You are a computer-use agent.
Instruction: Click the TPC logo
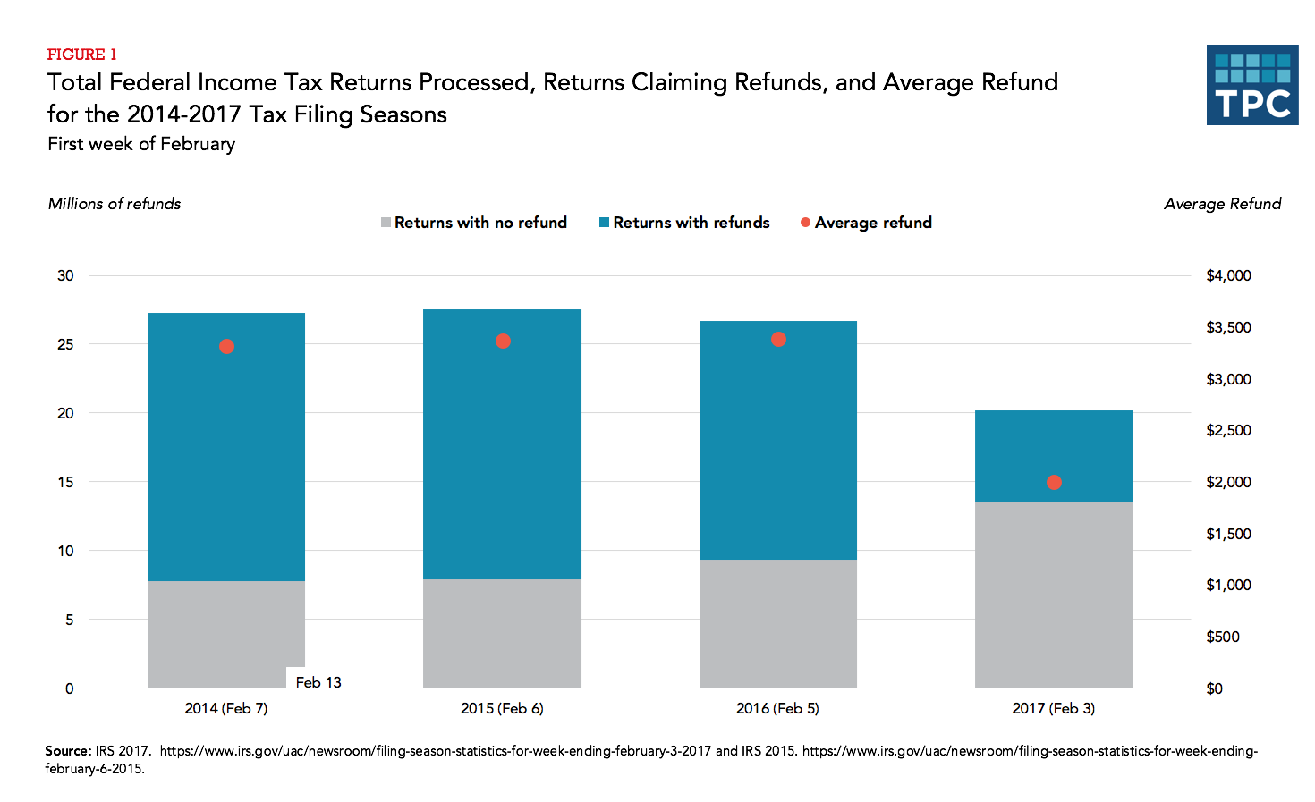[1251, 85]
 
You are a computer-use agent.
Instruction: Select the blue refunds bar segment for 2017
[1053, 456]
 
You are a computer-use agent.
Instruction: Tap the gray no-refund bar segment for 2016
[777, 623]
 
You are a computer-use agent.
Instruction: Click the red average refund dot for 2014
[226, 347]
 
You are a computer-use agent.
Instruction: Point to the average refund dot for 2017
[1054, 483]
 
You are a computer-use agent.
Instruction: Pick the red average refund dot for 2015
[503, 342]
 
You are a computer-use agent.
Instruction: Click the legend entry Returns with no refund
[474, 223]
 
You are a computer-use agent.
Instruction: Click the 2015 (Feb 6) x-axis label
[502, 708]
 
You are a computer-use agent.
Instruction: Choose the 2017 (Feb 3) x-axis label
[1053, 708]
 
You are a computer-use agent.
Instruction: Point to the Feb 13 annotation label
[318, 682]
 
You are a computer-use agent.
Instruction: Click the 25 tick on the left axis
[65, 344]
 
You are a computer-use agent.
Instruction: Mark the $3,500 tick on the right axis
[1228, 327]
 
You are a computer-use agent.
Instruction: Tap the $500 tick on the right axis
[1222, 637]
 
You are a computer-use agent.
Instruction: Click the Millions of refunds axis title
[115, 204]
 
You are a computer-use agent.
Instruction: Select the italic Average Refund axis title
[1222, 204]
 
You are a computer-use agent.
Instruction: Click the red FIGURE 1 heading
[81, 55]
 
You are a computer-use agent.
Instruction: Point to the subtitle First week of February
[141, 144]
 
